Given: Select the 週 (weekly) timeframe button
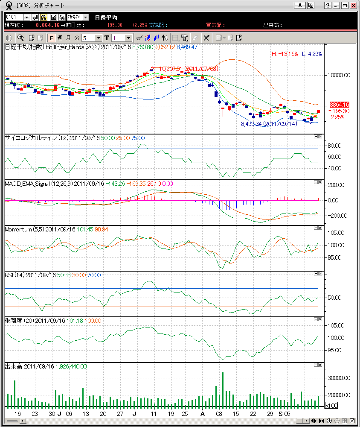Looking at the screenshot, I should pos(60,38).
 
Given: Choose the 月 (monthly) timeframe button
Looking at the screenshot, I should pos(69,38).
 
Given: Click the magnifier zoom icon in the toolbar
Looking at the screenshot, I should pos(20,38).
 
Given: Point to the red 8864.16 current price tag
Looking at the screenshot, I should pos(340,105).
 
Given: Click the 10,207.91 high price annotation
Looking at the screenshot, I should pos(188,68).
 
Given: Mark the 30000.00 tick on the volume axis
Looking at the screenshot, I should pos(338,378).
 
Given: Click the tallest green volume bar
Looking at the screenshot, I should pos(223,389).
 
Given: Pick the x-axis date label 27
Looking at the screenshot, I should pos(120,414).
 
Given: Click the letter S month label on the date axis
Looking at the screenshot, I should pos(281,414).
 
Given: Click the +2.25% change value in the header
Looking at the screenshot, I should pos(139,25).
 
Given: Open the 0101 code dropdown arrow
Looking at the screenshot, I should pos(26,17).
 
